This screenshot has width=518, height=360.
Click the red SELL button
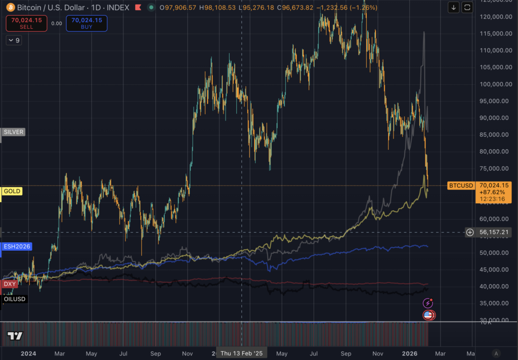[26, 23]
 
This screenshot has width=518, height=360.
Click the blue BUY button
[87, 23]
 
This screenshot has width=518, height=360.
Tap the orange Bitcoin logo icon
[11, 8]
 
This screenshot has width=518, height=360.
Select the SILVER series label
[14, 132]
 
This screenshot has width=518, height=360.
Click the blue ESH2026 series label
[17, 247]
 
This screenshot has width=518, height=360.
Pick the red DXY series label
[10, 284]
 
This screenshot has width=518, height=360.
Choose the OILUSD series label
[15, 299]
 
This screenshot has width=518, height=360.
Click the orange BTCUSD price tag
[461, 186]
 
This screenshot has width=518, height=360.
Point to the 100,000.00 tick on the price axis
[494, 84]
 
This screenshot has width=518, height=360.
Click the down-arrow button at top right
[454, 8]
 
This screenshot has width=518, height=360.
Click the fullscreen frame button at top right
[467, 8]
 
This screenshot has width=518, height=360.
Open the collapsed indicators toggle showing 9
[14, 40]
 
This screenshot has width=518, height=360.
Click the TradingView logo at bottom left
[15, 337]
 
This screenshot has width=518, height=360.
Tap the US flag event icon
[428, 315]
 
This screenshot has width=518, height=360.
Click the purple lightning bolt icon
[428, 303]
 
